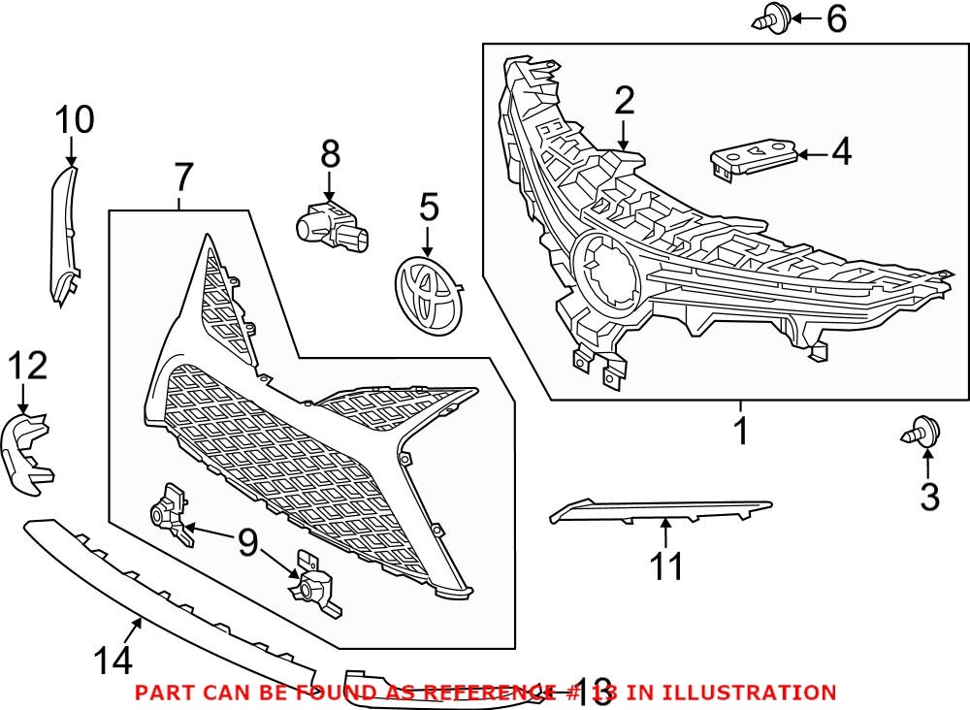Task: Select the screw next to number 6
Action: pos(767,18)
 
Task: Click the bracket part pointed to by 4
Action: pos(754,156)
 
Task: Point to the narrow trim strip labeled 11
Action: pos(660,508)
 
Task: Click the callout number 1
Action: pos(741,431)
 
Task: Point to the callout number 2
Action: pos(624,101)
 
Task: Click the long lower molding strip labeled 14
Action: pos(165,593)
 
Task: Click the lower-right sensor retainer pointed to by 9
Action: pos(314,585)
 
